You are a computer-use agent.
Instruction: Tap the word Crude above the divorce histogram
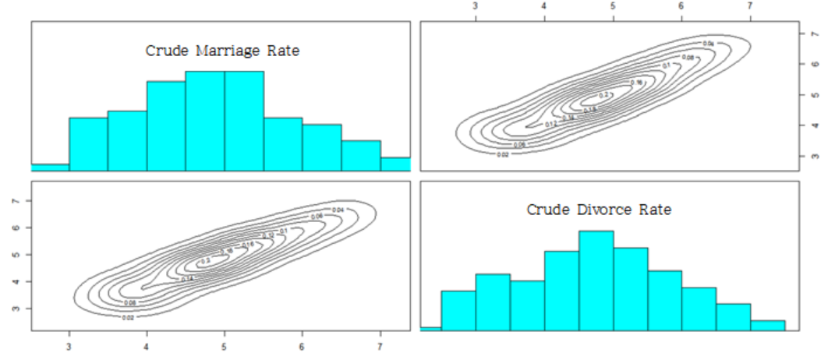pos(548,210)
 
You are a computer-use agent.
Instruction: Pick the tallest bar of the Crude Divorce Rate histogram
pos(596,280)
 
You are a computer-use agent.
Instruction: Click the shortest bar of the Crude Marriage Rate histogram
pos(50,167)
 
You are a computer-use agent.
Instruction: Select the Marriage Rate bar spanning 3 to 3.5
pos(88,143)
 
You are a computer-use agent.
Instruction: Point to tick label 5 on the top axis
pos(613,7)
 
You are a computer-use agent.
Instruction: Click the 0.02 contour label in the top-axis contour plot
pos(504,154)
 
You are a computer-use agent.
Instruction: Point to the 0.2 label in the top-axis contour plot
pos(603,95)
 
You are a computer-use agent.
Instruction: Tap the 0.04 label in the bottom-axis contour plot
pos(338,210)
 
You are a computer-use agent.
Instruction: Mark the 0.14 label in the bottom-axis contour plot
pos(188,279)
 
